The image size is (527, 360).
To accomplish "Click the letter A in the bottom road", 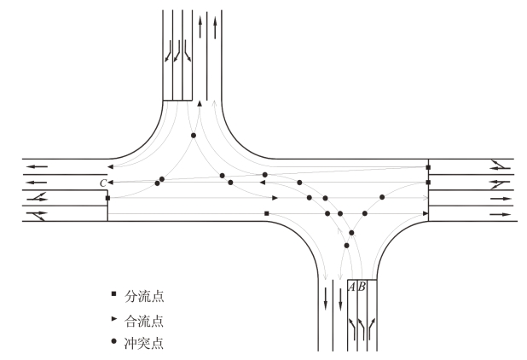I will (x=351, y=287).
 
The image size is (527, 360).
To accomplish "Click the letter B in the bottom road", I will (x=361, y=287).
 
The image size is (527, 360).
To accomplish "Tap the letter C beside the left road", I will (x=103, y=183).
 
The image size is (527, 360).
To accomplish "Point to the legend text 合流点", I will (x=143, y=322).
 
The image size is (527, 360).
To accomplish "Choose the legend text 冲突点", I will (x=143, y=346).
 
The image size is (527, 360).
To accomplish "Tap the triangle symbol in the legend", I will (x=113, y=322).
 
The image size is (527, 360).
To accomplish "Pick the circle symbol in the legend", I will (x=113, y=346).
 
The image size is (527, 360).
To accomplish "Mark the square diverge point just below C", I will (x=107, y=198).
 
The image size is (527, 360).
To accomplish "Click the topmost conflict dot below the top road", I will (x=194, y=136).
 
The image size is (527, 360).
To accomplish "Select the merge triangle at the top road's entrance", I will (x=199, y=103).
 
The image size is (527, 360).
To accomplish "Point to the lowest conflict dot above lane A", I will (x=346, y=246).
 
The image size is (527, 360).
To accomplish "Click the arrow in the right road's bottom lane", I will (x=500, y=213).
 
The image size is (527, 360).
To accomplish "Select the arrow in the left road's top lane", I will (x=36, y=166).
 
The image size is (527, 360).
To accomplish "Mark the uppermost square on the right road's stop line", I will (x=428, y=167).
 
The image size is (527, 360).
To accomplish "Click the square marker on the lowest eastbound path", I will (x=267, y=212).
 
